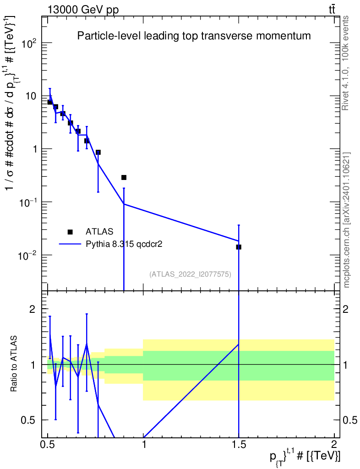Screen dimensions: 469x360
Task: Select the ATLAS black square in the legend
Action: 70,232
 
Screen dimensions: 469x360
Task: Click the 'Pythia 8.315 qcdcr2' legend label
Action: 125,244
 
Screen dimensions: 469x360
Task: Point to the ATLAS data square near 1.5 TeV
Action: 239,247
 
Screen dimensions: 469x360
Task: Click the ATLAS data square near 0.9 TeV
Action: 124,177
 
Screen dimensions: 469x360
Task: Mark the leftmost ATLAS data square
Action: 49,102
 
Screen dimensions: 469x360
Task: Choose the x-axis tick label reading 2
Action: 334,445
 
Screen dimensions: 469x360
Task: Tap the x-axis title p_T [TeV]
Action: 305,457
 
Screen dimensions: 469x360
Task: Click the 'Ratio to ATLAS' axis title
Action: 15,364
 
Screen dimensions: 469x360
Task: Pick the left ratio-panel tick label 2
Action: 33,309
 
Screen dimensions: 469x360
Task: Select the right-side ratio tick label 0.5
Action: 350,420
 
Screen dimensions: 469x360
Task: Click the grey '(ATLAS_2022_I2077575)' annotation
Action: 190,274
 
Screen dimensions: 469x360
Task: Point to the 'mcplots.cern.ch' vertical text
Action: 347,220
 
